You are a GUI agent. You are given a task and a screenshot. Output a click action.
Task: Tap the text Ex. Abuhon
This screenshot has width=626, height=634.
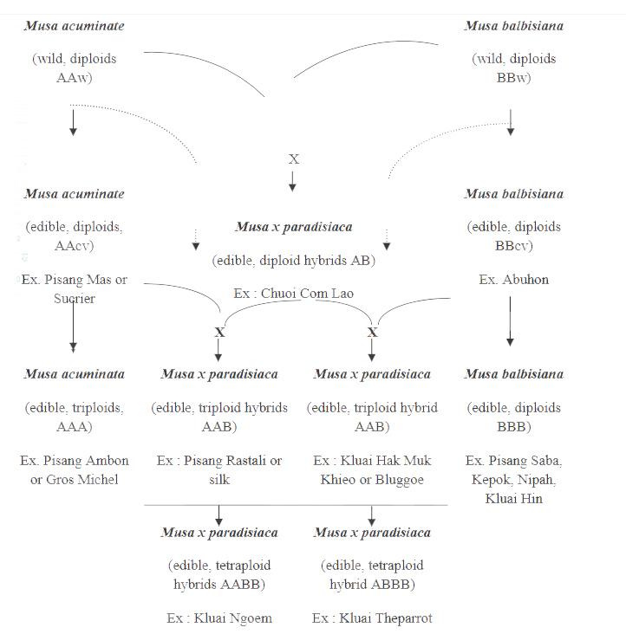pyautogui.click(x=513, y=280)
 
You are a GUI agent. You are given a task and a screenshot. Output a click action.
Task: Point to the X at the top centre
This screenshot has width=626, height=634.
pyautogui.click(x=293, y=159)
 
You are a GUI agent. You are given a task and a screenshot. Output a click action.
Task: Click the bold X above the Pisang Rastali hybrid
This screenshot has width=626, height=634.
pyautogui.click(x=219, y=332)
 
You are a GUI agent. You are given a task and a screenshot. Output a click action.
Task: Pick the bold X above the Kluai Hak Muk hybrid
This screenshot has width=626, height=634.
pyautogui.click(x=372, y=332)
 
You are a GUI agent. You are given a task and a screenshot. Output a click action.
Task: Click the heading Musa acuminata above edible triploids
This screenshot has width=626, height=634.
pyautogui.click(x=75, y=374)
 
